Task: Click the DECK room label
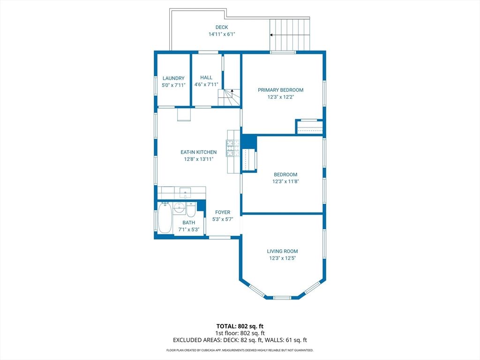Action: pyautogui.click(x=222, y=27)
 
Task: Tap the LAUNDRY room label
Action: pyautogui.click(x=173, y=78)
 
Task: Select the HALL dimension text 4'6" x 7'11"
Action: pyautogui.click(x=206, y=85)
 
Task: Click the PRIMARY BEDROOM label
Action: pyautogui.click(x=280, y=90)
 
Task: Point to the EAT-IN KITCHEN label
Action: pyautogui.click(x=199, y=152)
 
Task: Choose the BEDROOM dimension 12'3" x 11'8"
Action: pyautogui.click(x=285, y=181)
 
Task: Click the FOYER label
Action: pyautogui.click(x=223, y=212)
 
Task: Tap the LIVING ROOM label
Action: pyautogui.click(x=282, y=251)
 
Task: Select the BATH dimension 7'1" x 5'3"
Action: pyautogui.click(x=189, y=230)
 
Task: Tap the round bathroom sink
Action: pyautogui.click(x=179, y=208)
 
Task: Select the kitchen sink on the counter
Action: pyautogui.click(x=184, y=192)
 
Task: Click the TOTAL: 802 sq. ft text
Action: pyautogui.click(x=240, y=326)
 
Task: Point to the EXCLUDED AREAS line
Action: pyautogui.click(x=240, y=340)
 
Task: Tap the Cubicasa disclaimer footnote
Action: pyautogui.click(x=240, y=350)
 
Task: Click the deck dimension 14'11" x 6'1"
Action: pyautogui.click(x=222, y=34)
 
